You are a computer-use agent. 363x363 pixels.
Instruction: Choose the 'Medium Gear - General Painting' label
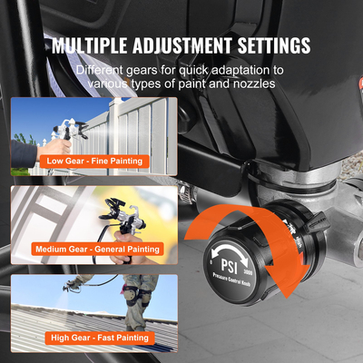coord(96,249)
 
